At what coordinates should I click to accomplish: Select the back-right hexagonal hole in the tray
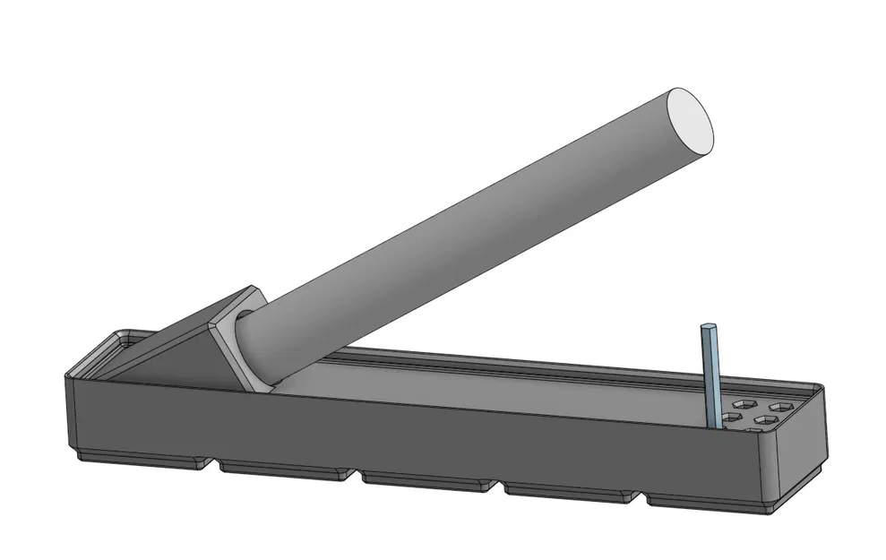(777, 407)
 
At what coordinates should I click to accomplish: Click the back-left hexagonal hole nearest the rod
(736, 406)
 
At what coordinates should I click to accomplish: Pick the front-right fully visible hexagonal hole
(764, 419)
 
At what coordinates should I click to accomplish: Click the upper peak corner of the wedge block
(254, 289)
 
